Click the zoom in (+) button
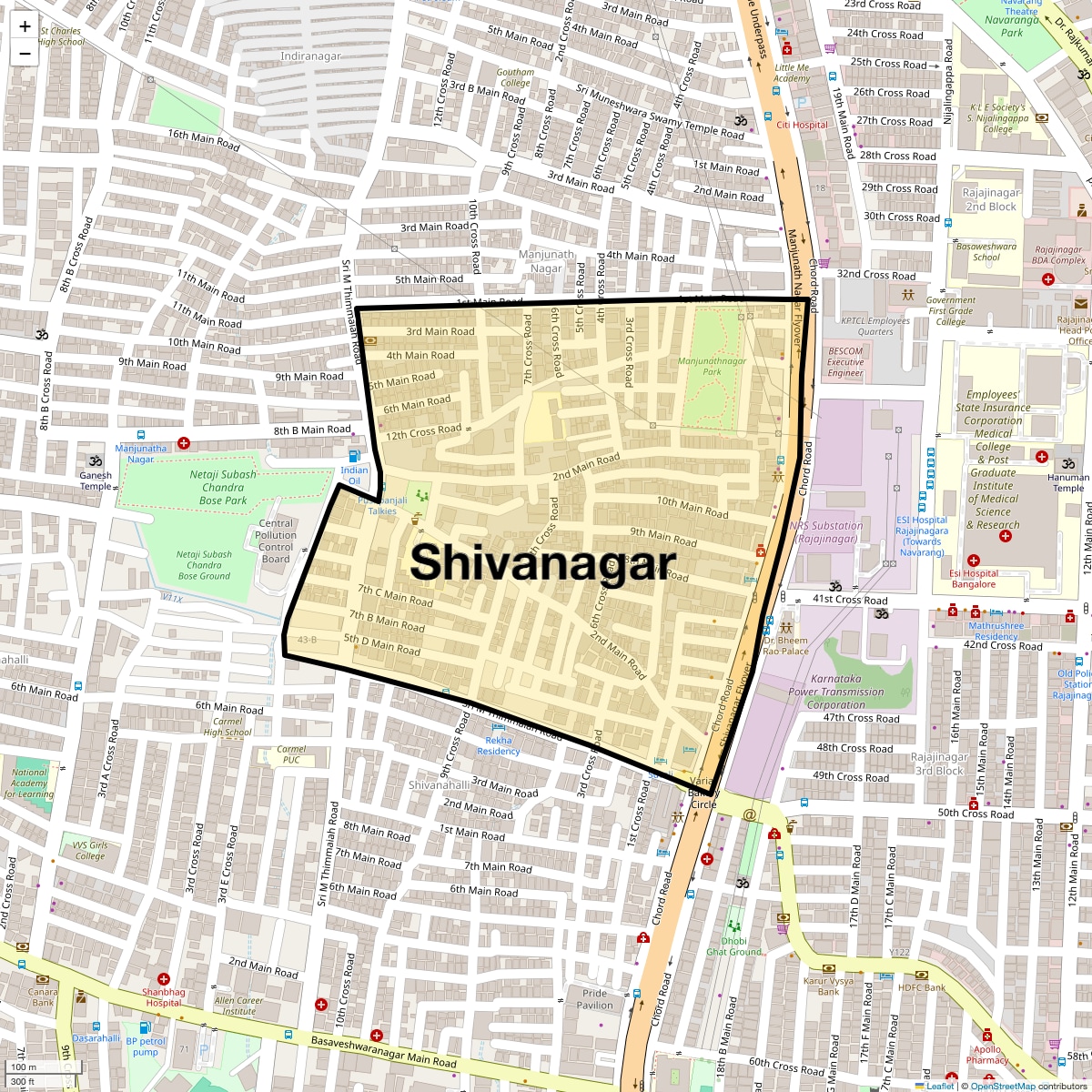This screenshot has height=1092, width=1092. coord(25,26)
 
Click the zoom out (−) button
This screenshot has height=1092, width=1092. coord(25,54)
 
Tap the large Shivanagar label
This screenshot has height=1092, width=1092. coord(542,562)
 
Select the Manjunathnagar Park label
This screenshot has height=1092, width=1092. coord(712,366)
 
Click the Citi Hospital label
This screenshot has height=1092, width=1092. coord(802,125)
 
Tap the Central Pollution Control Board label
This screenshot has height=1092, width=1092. coord(276,541)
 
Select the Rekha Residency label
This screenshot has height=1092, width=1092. coord(498,745)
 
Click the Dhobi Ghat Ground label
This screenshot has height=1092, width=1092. coord(733,946)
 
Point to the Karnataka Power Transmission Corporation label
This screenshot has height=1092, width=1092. coord(835,692)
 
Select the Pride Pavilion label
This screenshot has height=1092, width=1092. coord(594,999)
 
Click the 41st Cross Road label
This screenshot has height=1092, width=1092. coord(849,600)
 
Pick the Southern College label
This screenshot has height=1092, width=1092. coord(515,77)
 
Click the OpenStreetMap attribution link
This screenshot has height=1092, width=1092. coord(1002,1086)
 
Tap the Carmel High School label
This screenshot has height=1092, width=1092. coord(227,726)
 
